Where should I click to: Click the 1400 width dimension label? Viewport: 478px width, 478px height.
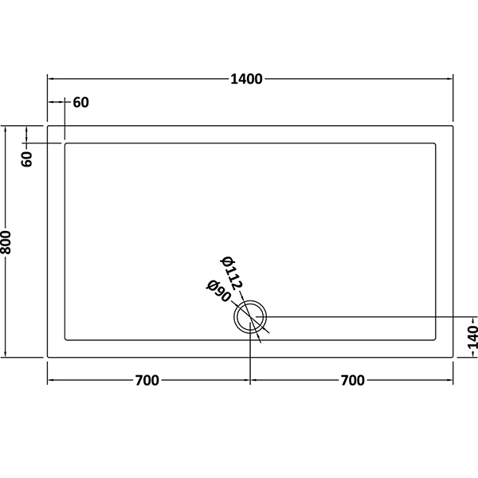click(246, 79)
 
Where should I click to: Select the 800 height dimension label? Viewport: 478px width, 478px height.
click(6, 242)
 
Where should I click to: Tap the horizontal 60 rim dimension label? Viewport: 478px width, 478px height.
click(81, 103)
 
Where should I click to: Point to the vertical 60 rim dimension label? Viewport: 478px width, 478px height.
click(27, 159)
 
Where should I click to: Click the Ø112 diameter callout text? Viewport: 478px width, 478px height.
click(231, 272)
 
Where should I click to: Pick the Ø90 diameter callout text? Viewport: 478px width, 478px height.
click(218, 291)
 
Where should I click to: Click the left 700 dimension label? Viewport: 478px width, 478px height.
click(147, 381)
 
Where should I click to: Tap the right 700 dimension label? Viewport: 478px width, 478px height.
click(353, 381)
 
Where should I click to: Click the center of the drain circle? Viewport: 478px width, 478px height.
click(250, 317)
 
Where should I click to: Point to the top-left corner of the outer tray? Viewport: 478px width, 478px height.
click(48, 126)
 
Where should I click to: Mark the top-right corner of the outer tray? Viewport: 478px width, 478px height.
click(453, 126)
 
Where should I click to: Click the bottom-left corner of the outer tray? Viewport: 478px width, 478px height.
click(48, 357)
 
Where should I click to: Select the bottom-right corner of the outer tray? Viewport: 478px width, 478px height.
click(453, 357)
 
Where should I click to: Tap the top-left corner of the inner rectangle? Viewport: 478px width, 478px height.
click(65, 143)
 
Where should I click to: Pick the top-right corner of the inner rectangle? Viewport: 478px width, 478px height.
click(436, 143)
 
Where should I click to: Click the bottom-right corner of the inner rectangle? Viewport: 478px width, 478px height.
click(436, 340)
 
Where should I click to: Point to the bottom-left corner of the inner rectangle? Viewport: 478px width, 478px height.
click(65, 340)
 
